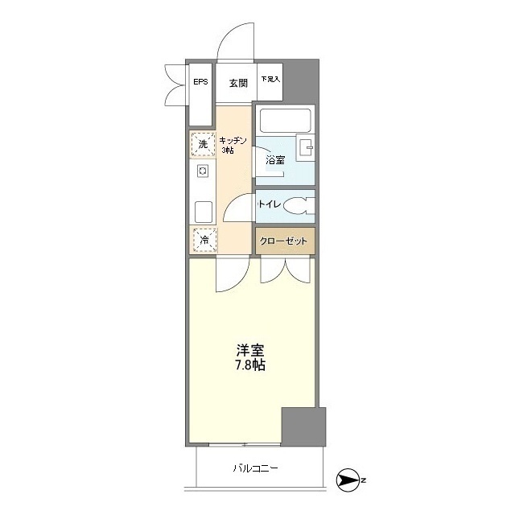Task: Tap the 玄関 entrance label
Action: (237, 82)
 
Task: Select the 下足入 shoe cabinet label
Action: (270, 80)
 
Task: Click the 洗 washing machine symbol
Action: (203, 144)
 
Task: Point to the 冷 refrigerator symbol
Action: (204, 240)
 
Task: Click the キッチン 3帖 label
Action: (234, 145)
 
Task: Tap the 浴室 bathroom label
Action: (274, 160)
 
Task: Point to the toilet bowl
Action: (299, 206)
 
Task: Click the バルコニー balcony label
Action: (257, 468)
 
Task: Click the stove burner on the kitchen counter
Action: (203, 171)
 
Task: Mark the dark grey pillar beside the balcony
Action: (303, 427)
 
